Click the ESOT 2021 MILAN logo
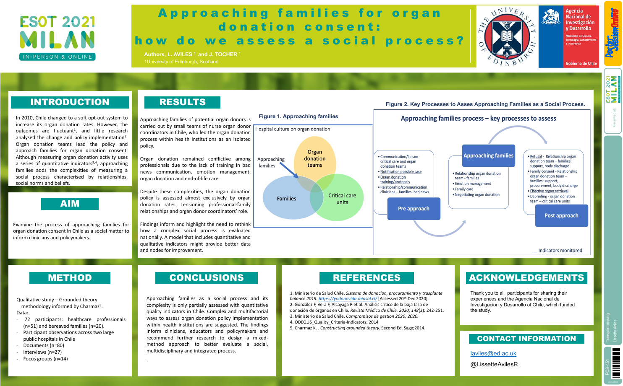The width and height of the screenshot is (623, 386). (x=58, y=38)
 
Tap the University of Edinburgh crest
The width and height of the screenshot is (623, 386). (x=507, y=36)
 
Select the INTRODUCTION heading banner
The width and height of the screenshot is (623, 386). (x=70, y=102)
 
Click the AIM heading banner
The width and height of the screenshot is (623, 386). (x=70, y=204)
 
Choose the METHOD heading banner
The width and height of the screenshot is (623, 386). (x=70, y=278)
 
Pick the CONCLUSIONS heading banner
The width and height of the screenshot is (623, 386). (x=206, y=278)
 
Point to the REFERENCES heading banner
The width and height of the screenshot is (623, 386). (x=366, y=278)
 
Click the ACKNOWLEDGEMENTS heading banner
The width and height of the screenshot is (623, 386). (x=526, y=278)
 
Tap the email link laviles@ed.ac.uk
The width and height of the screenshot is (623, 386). (x=493, y=353)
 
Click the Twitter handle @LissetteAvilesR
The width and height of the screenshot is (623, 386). (x=494, y=364)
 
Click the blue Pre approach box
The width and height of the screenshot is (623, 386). (x=414, y=209)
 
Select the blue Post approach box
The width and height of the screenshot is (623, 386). (x=561, y=215)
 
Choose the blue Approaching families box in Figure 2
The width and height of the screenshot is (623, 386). (x=488, y=155)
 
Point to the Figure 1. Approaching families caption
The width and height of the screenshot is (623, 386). (x=298, y=117)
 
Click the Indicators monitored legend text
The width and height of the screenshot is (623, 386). (x=560, y=251)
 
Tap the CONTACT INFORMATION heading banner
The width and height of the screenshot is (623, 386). (x=526, y=339)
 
